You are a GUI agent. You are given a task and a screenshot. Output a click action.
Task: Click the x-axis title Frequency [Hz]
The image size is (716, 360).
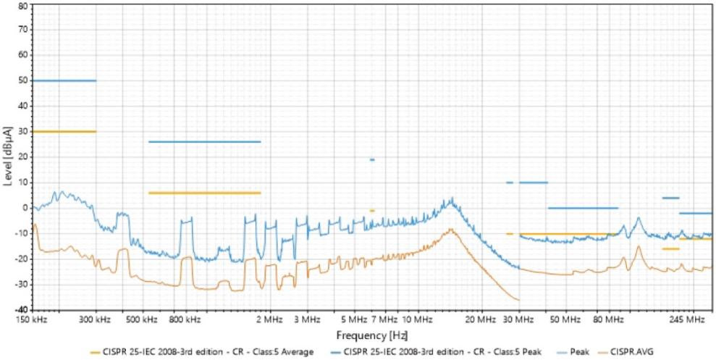(366, 337)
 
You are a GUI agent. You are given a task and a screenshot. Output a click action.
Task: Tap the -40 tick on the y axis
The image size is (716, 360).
(21, 309)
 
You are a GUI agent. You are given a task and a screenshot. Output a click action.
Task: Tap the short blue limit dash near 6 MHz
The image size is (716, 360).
(372, 159)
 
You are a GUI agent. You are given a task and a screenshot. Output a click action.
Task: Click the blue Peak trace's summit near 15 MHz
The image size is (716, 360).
(452, 198)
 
